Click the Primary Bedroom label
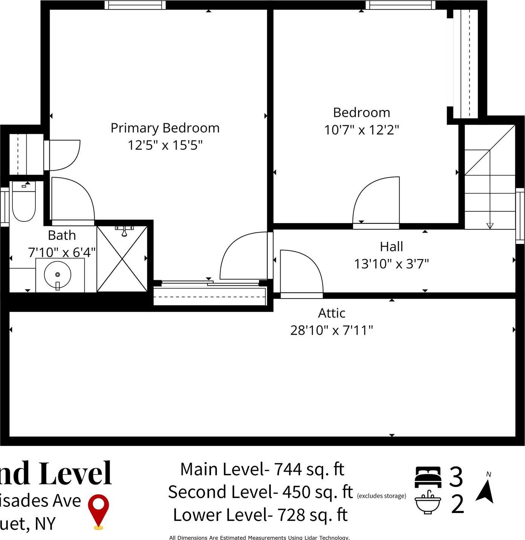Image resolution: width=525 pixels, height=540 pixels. pyautogui.click(x=165, y=128)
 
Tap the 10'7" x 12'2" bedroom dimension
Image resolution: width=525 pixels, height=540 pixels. pyautogui.click(x=362, y=130)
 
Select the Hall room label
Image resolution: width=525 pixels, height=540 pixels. pyautogui.click(x=391, y=247)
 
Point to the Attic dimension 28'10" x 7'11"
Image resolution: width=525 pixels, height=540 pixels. pyautogui.click(x=331, y=331)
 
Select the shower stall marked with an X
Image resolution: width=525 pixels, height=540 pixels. pyautogui.click(x=122, y=259)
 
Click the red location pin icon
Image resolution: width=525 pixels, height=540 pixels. pyautogui.click(x=98, y=510)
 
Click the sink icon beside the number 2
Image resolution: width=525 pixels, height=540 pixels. pyautogui.click(x=427, y=503)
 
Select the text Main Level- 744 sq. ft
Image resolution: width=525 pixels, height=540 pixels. pyautogui.click(x=262, y=469)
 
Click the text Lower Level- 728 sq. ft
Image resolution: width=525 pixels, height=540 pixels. pyautogui.click(x=260, y=515)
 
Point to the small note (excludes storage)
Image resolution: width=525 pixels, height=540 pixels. pyautogui.click(x=382, y=496)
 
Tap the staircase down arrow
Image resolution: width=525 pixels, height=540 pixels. pyautogui.click(x=490, y=225)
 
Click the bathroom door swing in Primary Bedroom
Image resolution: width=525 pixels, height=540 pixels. pyautogui.click(x=72, y=201)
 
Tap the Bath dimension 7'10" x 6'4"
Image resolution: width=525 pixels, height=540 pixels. pyautogui.click(x=62, y=252)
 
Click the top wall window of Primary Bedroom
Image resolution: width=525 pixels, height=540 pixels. pyautogui.click(x=135, y=5)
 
